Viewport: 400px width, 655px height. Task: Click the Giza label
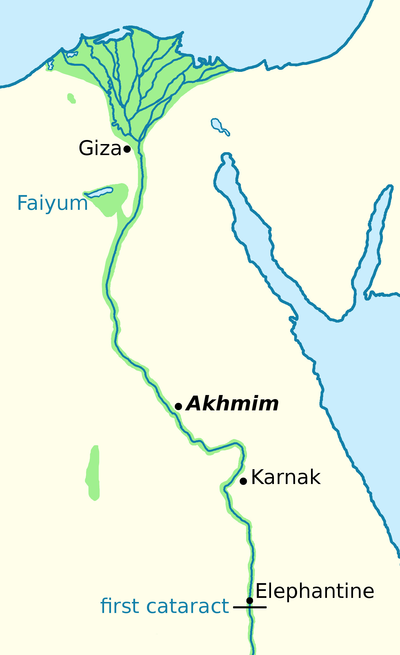pyautogui.click(x=100, y=148)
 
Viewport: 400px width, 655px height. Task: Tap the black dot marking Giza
pyautogui.click(x=127, y=149)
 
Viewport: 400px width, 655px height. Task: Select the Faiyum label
pyautogui.click(x=52, y=203)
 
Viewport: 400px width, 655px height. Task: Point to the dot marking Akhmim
pyautogui.click(x=178, y=406)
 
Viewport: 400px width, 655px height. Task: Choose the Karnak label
pyautogui.click(x=286, y=477)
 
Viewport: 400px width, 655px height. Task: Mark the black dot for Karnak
pyautogui.click(x=243, y=481)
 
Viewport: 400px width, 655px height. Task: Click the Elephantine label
pyautogui.click(x=315, y=591)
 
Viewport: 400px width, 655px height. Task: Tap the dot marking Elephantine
pyautogui.click(x=250, y=601)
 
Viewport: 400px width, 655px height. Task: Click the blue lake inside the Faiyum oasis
pyautogui.click(x=100, y=192)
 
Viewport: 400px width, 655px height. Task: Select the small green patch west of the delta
pyautogui.click(x=71, y=98)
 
